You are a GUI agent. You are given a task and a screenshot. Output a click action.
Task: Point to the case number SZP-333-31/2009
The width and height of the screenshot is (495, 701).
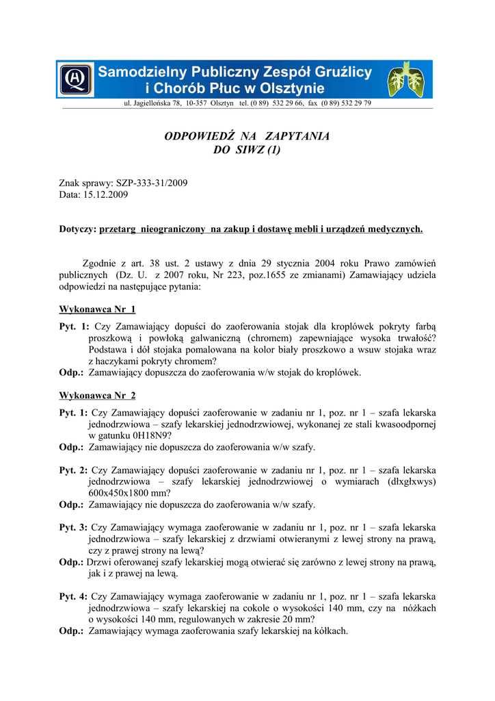(x=151, y=183)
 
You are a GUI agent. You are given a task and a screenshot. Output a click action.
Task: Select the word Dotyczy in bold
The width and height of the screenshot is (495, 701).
(x=77, y=229)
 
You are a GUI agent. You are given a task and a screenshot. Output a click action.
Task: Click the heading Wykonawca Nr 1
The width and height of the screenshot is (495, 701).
(x=97, y=309)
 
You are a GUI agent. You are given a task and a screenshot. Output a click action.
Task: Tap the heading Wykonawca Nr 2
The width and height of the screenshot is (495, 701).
(x=97, y=396)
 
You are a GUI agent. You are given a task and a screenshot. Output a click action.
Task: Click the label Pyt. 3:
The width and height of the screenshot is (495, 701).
(x=73, y=528)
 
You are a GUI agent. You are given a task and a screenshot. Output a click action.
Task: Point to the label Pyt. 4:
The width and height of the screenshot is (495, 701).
(x=73, y=597)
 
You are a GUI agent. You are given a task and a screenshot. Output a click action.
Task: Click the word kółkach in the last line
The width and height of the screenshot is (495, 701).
(x=330, y=630)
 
